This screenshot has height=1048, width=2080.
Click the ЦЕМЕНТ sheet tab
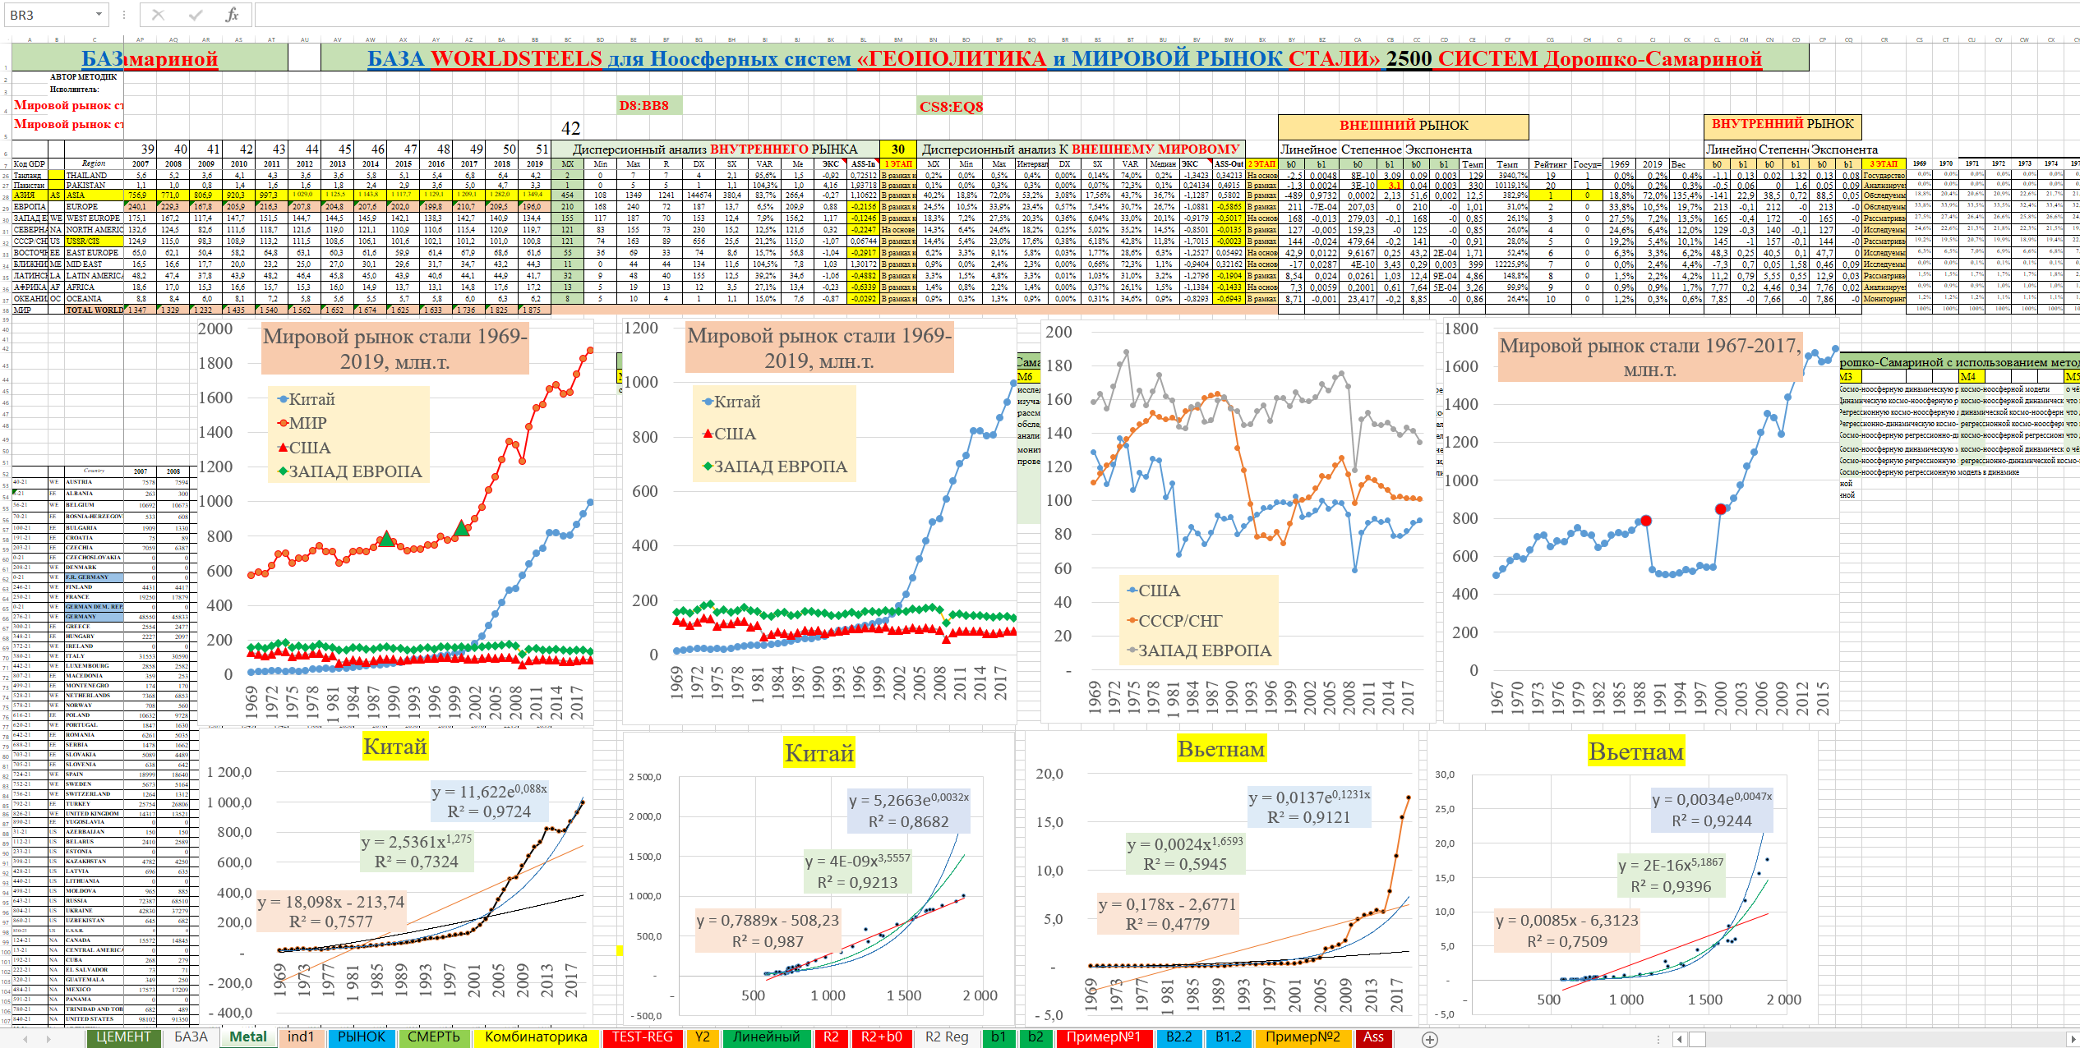[x=123, y=1037]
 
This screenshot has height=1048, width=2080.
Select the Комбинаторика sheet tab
[x=536, y=1037]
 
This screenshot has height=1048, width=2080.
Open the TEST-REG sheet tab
[x=642, y=1037]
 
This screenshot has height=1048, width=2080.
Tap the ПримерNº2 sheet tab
[x=1302, y=1037]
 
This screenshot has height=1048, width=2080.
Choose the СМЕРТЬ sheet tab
[x=433, y=1037]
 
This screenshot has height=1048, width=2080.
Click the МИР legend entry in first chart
[x=302, y=424]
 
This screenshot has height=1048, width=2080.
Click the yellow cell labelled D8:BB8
[x=643, y=106]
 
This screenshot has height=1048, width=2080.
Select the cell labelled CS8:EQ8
[x=951, y=107]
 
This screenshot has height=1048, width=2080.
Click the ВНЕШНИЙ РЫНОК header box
[x=1403, y=126]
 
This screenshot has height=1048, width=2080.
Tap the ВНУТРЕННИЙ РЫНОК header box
[x=1782, y=124]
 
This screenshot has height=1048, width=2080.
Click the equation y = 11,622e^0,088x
[x=489, y=791]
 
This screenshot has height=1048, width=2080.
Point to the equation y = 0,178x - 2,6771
[x=1167, y=904]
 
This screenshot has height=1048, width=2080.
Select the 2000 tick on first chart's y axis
[x=216, y=329]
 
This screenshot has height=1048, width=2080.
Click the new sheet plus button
[x=1430, y=1039]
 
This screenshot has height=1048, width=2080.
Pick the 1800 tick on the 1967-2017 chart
[x=1461, y=329]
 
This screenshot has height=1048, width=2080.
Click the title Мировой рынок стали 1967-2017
[x=1649, y=356]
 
